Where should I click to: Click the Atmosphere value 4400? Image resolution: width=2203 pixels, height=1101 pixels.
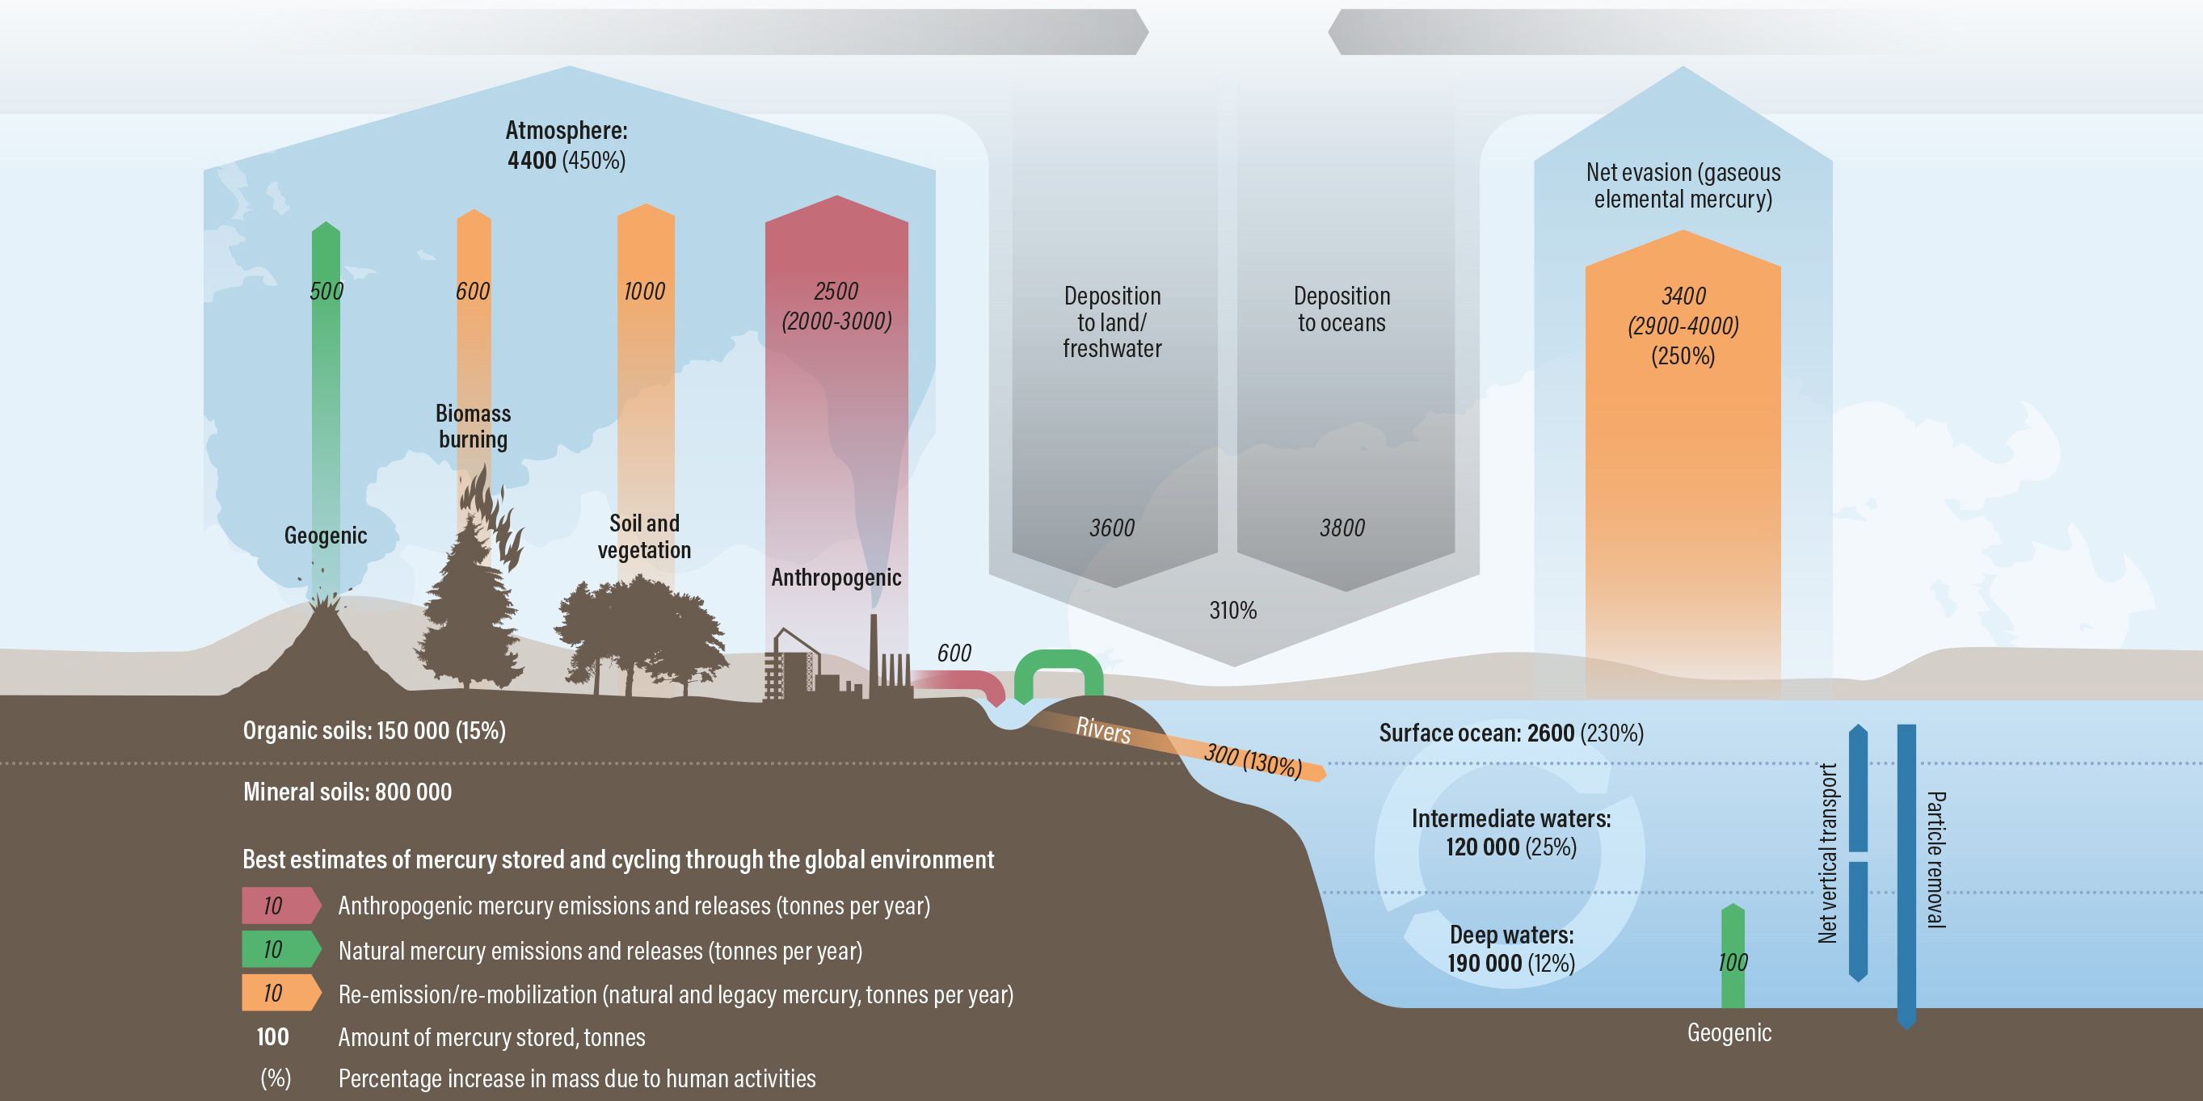[532, 161]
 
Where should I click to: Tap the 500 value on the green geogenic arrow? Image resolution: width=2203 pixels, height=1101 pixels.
[326, 292]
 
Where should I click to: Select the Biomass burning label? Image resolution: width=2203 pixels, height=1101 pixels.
[473, 426]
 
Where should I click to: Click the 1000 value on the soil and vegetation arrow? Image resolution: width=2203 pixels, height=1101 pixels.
[644, 292]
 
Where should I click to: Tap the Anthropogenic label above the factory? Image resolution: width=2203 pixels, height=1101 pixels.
[836, 578]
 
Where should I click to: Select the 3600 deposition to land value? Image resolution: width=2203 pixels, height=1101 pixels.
[1112, 528]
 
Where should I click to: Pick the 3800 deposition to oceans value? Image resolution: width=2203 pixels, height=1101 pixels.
[1342, 528]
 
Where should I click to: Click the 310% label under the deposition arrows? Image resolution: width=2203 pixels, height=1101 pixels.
[1232, 611]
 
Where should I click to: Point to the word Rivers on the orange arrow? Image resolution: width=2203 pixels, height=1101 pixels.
[1103, 729]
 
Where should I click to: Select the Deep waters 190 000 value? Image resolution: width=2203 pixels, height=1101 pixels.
[1484, 964]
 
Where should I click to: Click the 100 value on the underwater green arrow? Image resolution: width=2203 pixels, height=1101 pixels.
[1733, 963]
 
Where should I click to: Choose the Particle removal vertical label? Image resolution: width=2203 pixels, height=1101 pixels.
[1935, 859]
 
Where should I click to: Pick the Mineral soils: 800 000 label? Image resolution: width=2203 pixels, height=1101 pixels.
[348, 792]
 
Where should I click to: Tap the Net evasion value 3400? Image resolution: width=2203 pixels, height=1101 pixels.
[1683, 296]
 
